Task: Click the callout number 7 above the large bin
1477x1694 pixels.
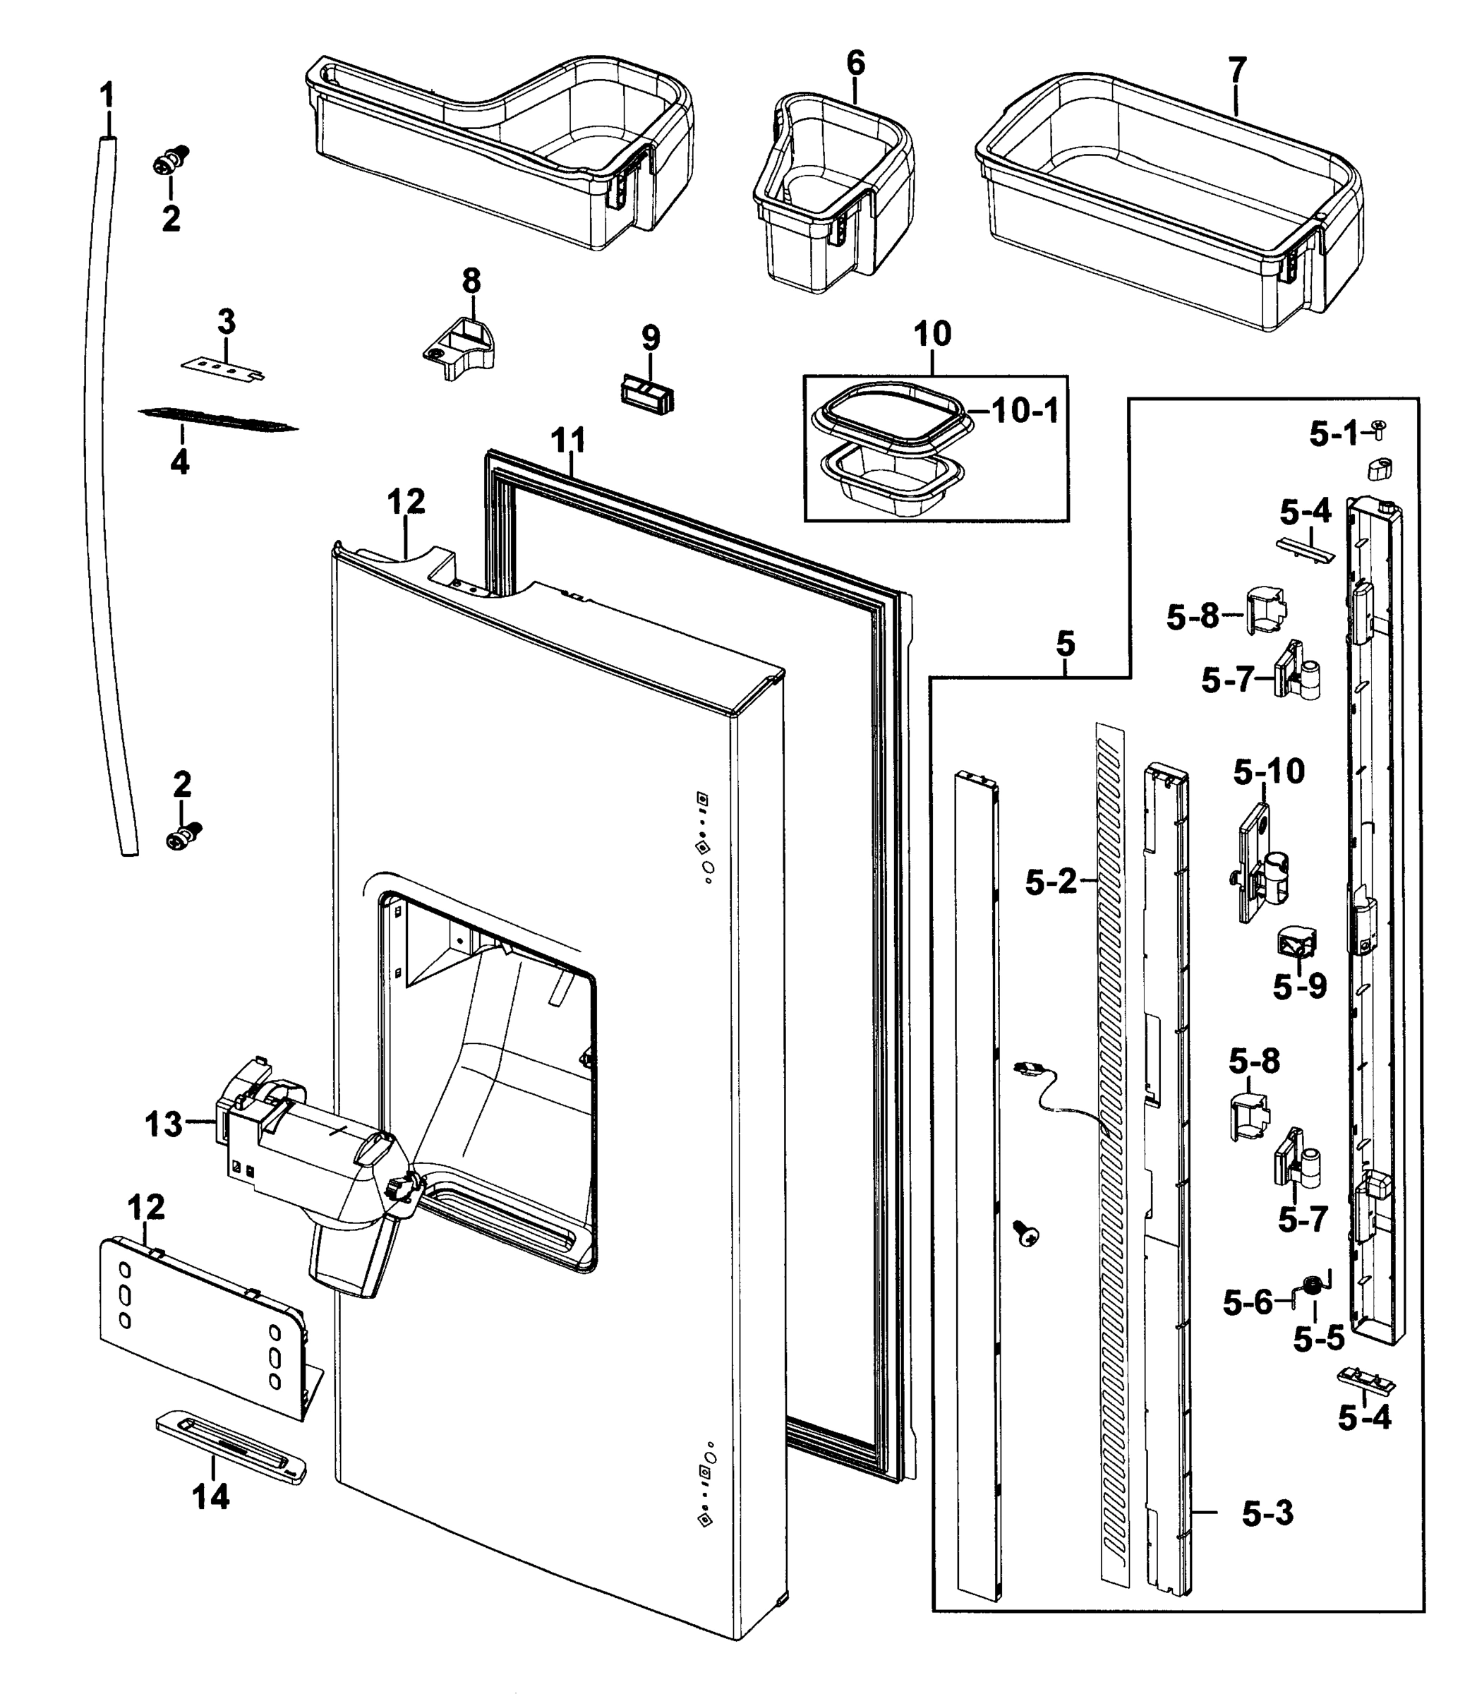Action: pos(1236,71)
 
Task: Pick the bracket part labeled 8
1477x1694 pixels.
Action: pos(460,349)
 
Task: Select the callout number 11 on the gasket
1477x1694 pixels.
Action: pos(568,440)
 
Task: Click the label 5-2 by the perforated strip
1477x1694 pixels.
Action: pos(1051,883)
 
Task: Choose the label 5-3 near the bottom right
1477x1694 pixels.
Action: pos(1267,1513)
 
